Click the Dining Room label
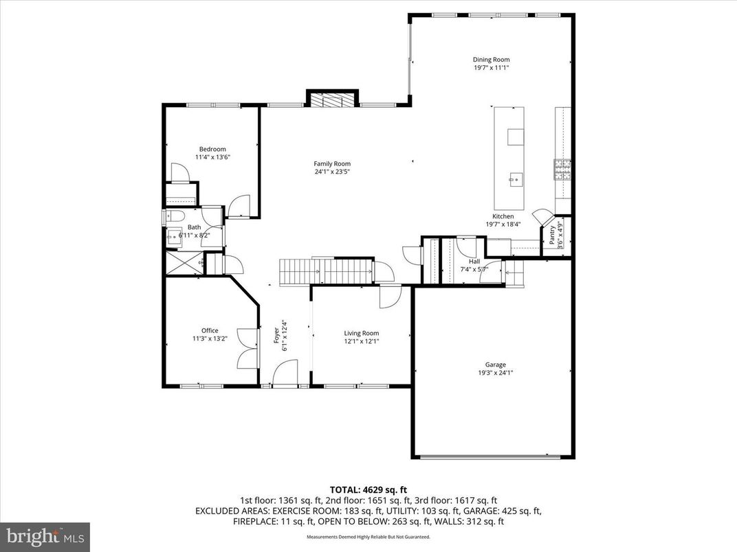pyautogui.click(x=491, y=60)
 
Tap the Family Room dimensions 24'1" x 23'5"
pyautogui.click(x=332, y=172)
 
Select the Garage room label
pyautogui.click(x=495, y=365)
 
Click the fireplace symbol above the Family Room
pyautogui.click(x=333, y=100)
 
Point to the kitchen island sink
pyautogui.click(x=514, y=181)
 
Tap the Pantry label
pyautogui.click(x=552, y=235)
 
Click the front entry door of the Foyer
pyautogui.click(x=283, y=376)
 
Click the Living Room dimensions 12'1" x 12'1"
pyautogui.click(x=362, y=341)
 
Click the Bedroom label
pyautogui.click(x=212, y=149)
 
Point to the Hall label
pyautogui.click(x=474, y=262)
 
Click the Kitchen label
pyautogui.click(x=503, y=216)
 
